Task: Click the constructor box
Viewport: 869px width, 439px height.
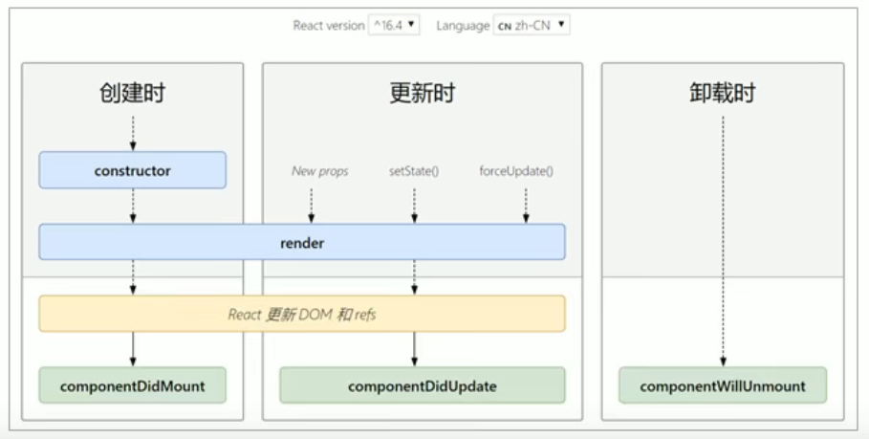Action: point(132,170)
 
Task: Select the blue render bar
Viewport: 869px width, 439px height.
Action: point(302,243)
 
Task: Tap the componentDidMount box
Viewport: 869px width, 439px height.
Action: point(132,386)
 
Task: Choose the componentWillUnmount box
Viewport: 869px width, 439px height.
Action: point(722,386)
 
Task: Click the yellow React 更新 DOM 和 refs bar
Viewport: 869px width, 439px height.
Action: point(302,314)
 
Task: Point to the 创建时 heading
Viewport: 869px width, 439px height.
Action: point(132,93)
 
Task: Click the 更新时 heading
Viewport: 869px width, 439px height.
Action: point(422,93)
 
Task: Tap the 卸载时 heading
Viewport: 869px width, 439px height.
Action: point(722,93)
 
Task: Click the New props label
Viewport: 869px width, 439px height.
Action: point(319,171)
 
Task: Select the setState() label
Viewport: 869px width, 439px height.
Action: point(414,171)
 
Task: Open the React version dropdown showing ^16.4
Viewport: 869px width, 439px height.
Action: point(394,26)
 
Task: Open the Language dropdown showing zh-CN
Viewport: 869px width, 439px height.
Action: point(532,26)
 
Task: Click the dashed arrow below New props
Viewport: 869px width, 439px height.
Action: point(312,204)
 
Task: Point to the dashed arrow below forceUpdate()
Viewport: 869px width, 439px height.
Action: point(525,204)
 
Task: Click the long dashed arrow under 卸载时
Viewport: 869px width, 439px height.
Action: point(723,239)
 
